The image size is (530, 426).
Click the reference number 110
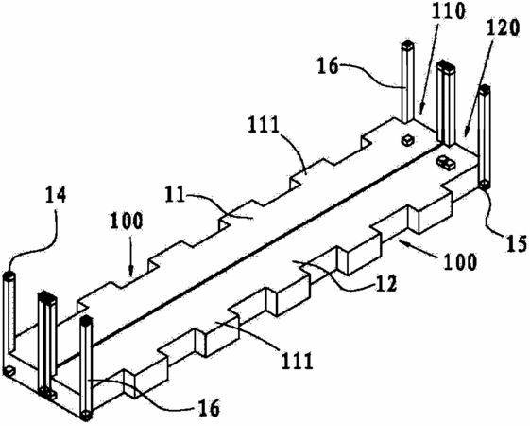pos(449,12)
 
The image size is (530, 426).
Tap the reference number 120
pos(502,28)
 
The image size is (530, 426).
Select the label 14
pos(55,197)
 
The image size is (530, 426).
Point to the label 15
pos(517,242)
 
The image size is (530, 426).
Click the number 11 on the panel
pos(175,195)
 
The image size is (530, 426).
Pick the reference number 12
pos(386,283)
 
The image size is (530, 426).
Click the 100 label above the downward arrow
pos(126,222)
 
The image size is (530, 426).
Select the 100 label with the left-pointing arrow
pos(460,261)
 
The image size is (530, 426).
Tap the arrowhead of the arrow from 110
pos(421,109)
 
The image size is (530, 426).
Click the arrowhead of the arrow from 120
pos(467,133)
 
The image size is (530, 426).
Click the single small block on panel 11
pos(407,139)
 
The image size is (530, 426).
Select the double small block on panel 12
pos(446,163)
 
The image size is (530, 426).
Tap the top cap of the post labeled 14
pos(9,275)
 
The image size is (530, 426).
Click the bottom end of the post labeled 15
pos(485,185)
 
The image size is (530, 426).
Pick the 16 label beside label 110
pos(328,66)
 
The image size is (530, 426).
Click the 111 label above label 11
pos(264,125)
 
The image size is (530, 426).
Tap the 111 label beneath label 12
pos(296,361)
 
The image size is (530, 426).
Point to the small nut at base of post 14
pos(9,371)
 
